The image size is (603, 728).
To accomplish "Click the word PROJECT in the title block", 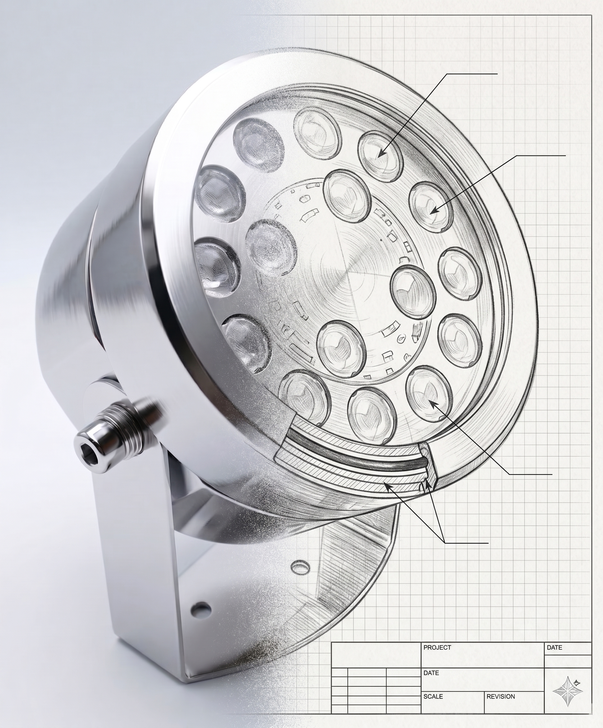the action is click(x=437, y=647).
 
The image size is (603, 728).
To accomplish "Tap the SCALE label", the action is click(x=433, y=696).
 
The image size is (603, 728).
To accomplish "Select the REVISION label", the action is click(x=501, y=696).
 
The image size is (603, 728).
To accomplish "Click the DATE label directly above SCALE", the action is click(x=431, y=673).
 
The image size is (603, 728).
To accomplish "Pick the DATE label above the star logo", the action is click(x=555, y=647).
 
